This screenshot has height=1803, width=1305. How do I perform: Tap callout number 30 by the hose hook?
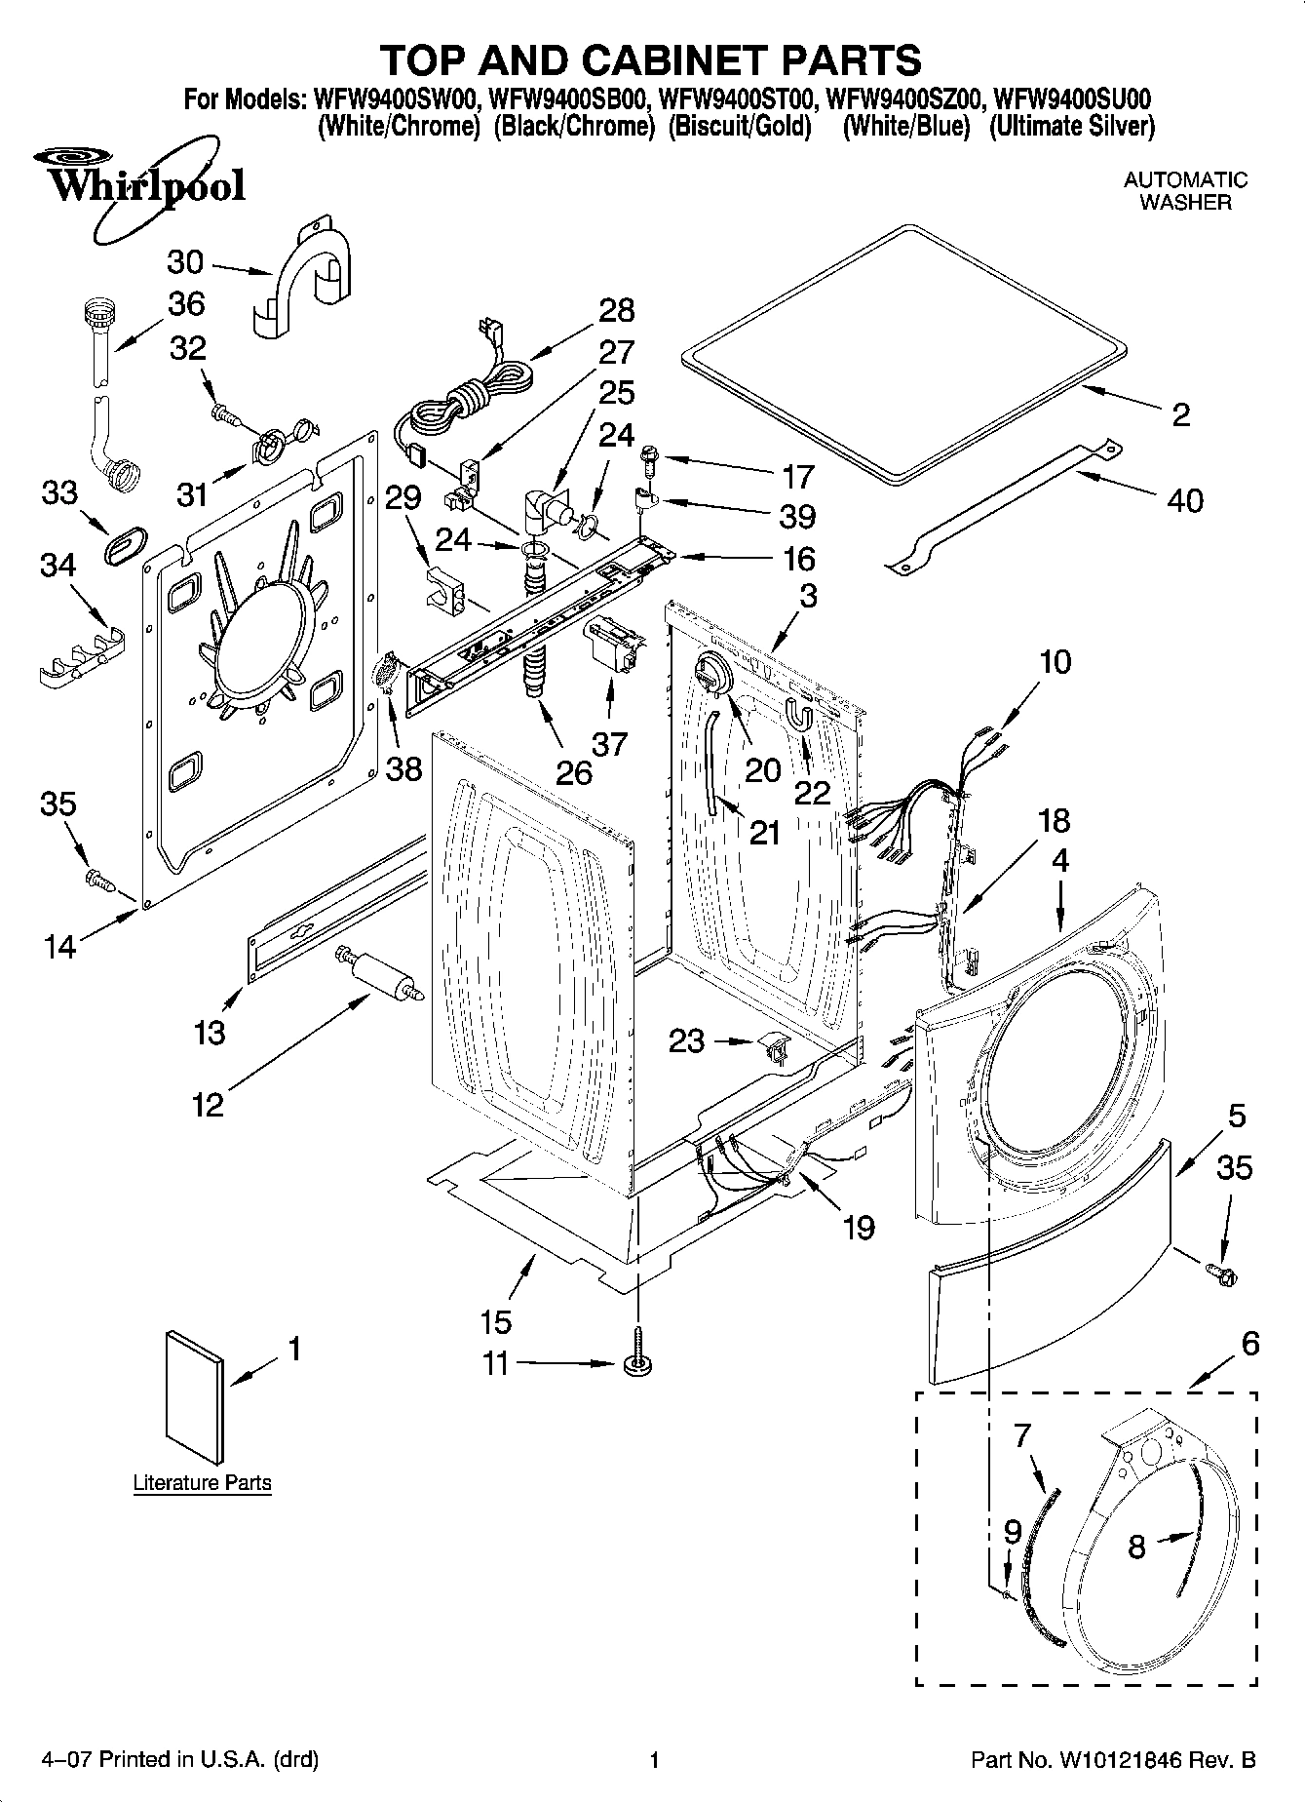185,262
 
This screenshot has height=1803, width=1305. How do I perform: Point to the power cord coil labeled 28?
468,395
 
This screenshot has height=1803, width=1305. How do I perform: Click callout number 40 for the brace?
1184,500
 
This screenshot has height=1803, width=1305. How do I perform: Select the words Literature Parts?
202,1483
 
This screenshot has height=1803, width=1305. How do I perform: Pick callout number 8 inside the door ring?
1136,1548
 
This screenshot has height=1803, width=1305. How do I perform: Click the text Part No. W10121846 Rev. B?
1113,1760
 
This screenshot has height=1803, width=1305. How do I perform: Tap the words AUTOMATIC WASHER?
1185,191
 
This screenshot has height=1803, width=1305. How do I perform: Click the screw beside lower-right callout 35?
1218,1273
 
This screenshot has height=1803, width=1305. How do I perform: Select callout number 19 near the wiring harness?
859,1227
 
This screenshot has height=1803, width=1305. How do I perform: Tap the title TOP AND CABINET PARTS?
651,59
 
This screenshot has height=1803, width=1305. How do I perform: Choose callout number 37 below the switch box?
611,743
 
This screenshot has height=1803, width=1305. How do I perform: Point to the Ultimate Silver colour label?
1071,126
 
